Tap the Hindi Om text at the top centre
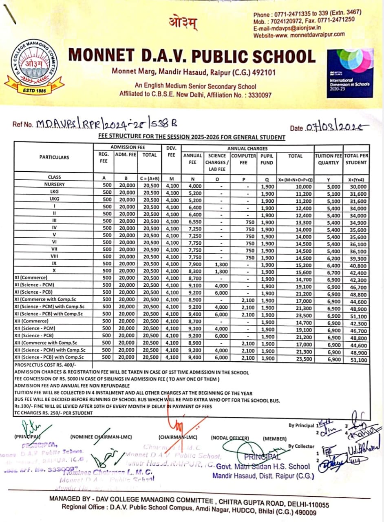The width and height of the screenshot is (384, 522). pyautogui.click(x=183, y=23)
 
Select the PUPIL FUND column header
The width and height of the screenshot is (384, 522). pyautogui.click(x=267, y=159)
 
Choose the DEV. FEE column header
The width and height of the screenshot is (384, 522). pyautogui.click(x=171, y=151)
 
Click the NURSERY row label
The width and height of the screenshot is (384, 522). pyautogui.click(x=54, y=185)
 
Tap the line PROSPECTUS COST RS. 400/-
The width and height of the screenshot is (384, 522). pyautogui.click(x=45, y=366)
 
